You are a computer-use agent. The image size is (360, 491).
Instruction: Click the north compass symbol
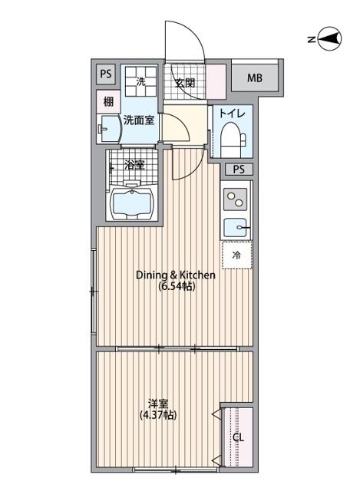point(329,39)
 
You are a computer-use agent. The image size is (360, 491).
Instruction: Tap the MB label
point(254,77)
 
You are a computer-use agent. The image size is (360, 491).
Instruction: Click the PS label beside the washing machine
point(106,74)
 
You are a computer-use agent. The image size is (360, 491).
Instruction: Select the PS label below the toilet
point(239,169)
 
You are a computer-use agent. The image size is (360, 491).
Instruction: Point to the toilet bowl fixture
point(233,140)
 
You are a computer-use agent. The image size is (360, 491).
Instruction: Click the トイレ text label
point(232,113)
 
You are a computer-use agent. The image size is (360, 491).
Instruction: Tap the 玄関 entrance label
point(185,83)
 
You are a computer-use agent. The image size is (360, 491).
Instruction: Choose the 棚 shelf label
point(108,101)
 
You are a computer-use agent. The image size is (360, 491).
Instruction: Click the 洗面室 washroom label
point(139,120)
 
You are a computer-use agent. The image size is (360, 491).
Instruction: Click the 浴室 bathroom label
point(134,165)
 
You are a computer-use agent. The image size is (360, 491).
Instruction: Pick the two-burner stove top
point(236,199)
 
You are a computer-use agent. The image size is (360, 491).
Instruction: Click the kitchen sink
point(237,228)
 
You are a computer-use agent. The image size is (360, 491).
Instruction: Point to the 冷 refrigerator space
point(236,255)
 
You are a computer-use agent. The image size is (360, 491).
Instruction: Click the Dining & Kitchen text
point(176,275)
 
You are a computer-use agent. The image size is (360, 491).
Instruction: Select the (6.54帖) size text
point(177,286)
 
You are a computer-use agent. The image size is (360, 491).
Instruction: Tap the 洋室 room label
point(158,404)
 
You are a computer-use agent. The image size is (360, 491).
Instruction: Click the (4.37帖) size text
point(158,415)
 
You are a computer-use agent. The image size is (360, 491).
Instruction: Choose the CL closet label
point(239,437)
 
